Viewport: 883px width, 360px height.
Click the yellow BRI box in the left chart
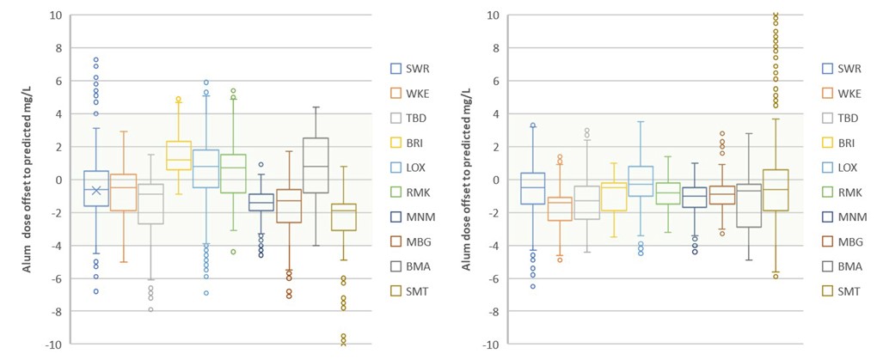pos(178,156)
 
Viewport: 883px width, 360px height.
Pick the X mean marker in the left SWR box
pos(96,190)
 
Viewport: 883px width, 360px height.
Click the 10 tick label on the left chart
pos(55,15)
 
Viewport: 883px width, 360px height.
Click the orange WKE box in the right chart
pos(560,209)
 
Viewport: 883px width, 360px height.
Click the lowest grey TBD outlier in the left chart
pos(151,309)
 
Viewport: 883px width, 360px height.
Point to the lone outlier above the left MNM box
pos(261,165)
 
